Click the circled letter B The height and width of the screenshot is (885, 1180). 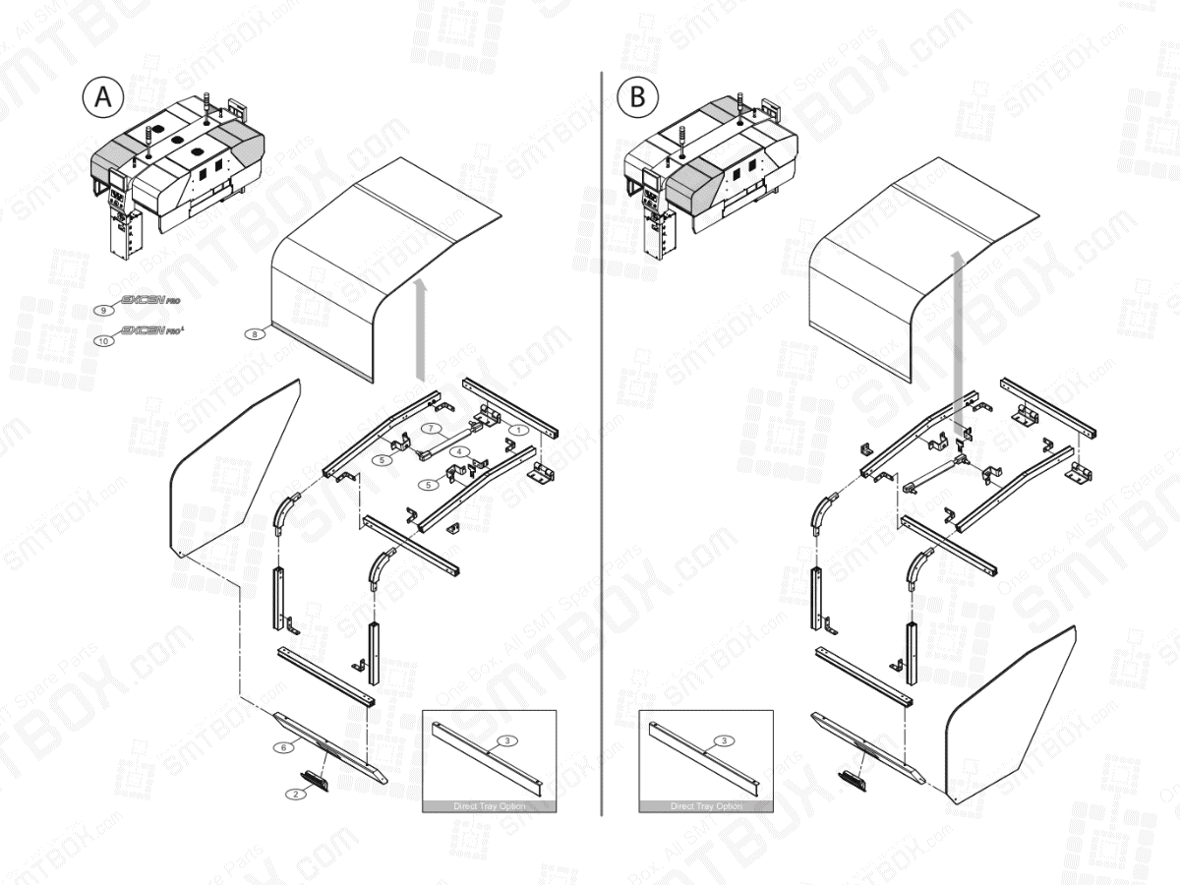(x=637, y=98)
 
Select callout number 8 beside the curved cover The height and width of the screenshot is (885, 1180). (x=255, y=334)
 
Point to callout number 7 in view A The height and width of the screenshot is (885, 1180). (x=432, y=429)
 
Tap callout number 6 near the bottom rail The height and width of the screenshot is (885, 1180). (x=284, y=747)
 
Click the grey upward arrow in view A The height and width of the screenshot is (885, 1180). (x=422, y=329)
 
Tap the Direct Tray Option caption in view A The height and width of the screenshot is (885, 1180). (x=490, y=806)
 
